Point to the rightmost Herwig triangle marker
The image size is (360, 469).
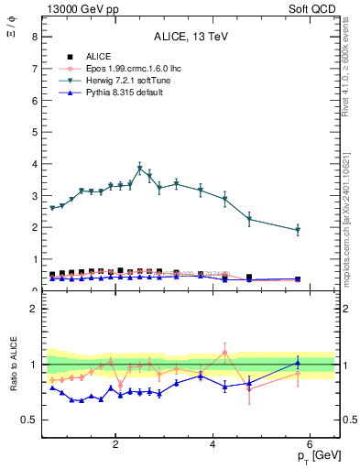tap(298, 230)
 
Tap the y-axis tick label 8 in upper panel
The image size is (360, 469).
tap(34, 38)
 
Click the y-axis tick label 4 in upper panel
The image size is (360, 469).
tap(34, 165)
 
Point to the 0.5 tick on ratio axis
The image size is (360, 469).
tap(29, 420)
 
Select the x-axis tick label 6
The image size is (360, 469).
tap(311, 445)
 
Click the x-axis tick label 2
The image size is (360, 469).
tap(115, 445)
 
